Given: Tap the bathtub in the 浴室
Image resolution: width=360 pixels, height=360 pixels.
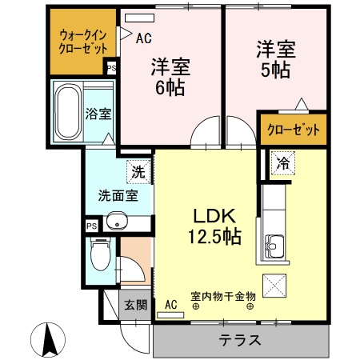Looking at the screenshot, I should coord(66,112).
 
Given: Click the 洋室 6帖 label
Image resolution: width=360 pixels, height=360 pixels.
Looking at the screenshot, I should coord(170,77).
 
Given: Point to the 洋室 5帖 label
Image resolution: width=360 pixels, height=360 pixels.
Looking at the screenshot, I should coord(276,58).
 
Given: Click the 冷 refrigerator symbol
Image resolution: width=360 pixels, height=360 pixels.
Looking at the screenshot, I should coord(282,162).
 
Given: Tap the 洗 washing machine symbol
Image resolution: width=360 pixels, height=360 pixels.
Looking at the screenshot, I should coord(138,170).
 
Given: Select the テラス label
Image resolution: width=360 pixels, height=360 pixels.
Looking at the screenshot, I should coord(240,339).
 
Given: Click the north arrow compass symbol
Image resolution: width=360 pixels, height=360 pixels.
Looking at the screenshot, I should coord(49,339).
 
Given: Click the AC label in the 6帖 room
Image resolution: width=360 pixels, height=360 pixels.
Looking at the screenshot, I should coord(144,37).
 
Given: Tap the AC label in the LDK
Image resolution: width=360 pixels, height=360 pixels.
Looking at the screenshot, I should coord(170,304).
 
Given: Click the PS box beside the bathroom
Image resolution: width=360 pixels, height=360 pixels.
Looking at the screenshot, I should coord(110,68).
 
